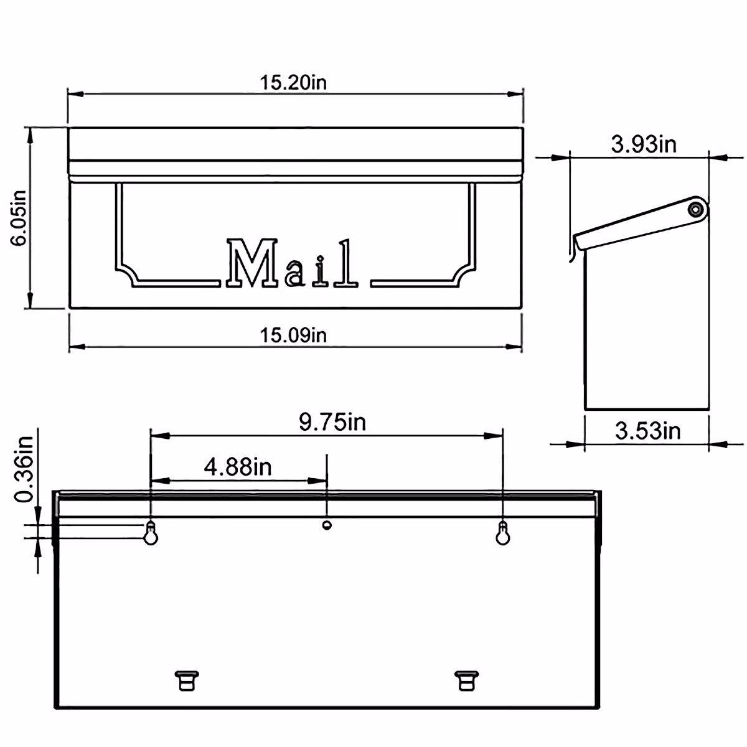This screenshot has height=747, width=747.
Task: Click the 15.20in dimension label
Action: tap(293, 83)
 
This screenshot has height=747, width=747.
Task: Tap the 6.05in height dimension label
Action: tap(18, 217)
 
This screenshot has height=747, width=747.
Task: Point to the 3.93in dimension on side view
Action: tap(643, 144)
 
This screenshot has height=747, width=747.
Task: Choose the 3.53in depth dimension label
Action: tap(647, 430)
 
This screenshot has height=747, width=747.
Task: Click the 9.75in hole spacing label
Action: tap(332, 422)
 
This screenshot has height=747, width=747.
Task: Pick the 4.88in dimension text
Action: tap(238, 466)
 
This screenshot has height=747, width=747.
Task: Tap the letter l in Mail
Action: tap(346, 264)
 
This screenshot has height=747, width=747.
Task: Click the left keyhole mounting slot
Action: tap(151, 534)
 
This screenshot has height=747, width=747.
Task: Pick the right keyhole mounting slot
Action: tap(502, 534)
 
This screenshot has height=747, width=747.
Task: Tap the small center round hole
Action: tap(326, 525)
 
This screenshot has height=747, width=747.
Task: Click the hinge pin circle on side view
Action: tap(697, 209)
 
